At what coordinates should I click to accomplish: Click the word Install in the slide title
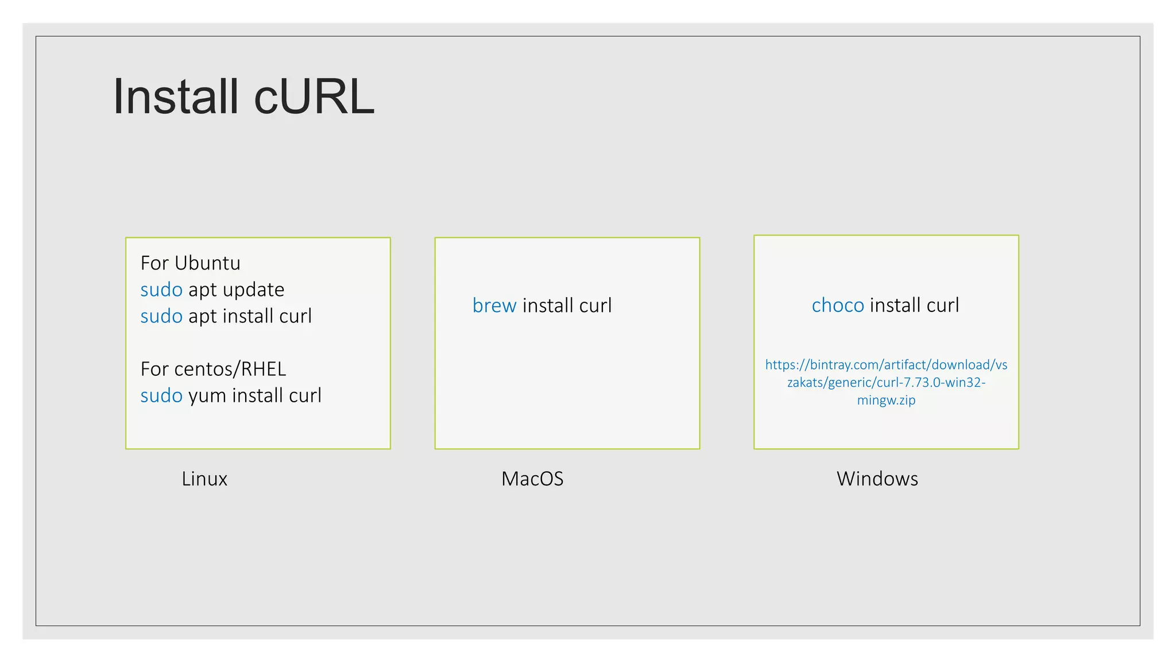coord(175,97)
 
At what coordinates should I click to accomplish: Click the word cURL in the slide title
coord(314,97)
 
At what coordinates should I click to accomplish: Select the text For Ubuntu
coord(190,263)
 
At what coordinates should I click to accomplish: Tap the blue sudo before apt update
coord(161,290)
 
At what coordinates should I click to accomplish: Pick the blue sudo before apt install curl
coord(161,316)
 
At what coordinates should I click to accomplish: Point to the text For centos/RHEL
coord(213,369)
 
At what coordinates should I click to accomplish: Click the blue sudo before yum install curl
coord(161,395)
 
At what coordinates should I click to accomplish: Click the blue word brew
coord(494,306)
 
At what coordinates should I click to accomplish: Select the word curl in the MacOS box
coord(595,306)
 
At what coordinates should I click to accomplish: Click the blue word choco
coord(837,305)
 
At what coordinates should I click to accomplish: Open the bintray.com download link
coord(886,365)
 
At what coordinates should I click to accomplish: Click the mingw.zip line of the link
coord(886,400)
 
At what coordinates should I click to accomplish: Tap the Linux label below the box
coord(204,479)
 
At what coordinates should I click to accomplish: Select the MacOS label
coord(532,479)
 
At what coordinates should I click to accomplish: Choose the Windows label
coord(877,479)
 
